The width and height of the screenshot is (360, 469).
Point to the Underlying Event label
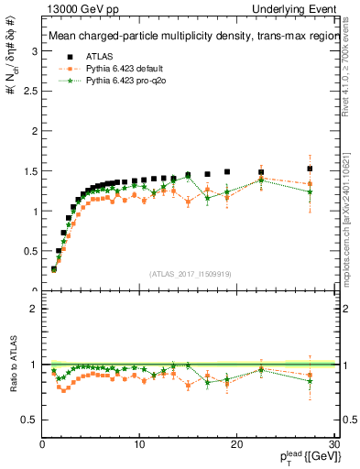299,9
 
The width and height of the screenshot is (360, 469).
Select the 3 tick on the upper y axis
34,52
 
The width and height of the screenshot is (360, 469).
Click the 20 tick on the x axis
236,444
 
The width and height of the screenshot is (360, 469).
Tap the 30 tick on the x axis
333,444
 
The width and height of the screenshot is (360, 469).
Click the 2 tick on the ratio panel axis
34,309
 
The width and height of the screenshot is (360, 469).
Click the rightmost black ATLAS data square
310,169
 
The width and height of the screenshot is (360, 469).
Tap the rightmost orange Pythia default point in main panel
310,184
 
